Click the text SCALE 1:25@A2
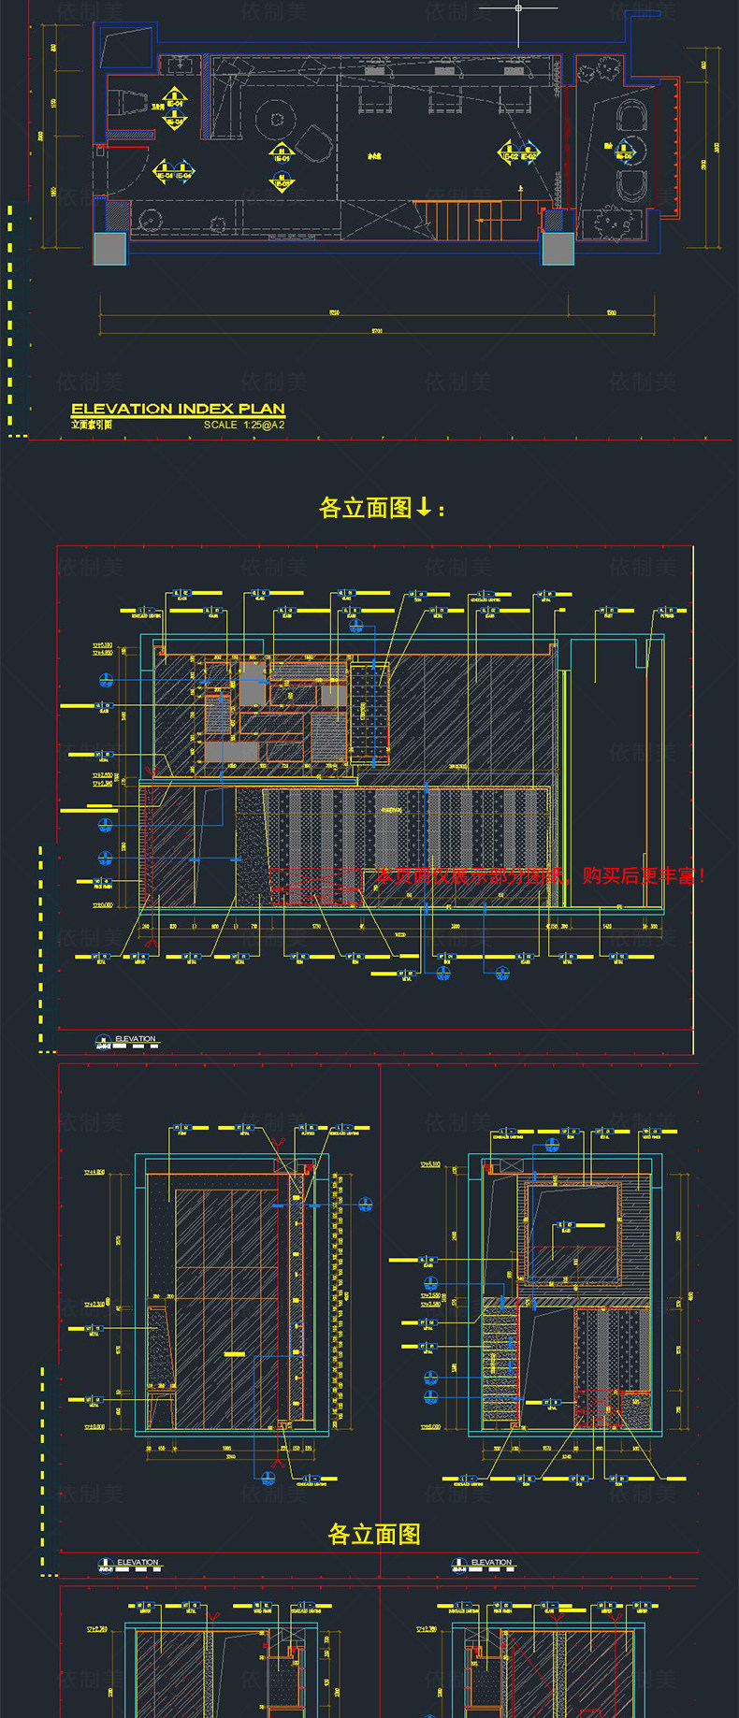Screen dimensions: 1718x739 (x=244, y=425)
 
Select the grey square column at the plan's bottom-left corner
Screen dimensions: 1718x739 (x=109, y=248)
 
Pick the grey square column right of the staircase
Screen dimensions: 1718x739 (x=558, y=248)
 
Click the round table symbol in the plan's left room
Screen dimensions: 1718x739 (x=276, y=119)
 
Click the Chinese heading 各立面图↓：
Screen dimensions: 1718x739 (x=382, y=508)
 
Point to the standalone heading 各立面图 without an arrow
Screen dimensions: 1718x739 (x=374, y=1535)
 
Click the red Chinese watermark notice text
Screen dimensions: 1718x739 (x=540, y=876)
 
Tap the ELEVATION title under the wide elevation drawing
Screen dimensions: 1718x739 (x=135, y=1039)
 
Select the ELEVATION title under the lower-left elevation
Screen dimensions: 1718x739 (x=138, y=1563)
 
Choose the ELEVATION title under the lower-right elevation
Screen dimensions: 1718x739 (x=491, y=1563)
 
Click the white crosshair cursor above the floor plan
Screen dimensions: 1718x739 (x=519, y=9)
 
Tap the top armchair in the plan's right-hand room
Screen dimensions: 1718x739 (x=632, y=115)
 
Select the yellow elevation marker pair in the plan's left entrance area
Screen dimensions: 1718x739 (x=172, y=172)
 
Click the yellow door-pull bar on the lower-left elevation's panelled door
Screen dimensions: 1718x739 (x=233, y=1353)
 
